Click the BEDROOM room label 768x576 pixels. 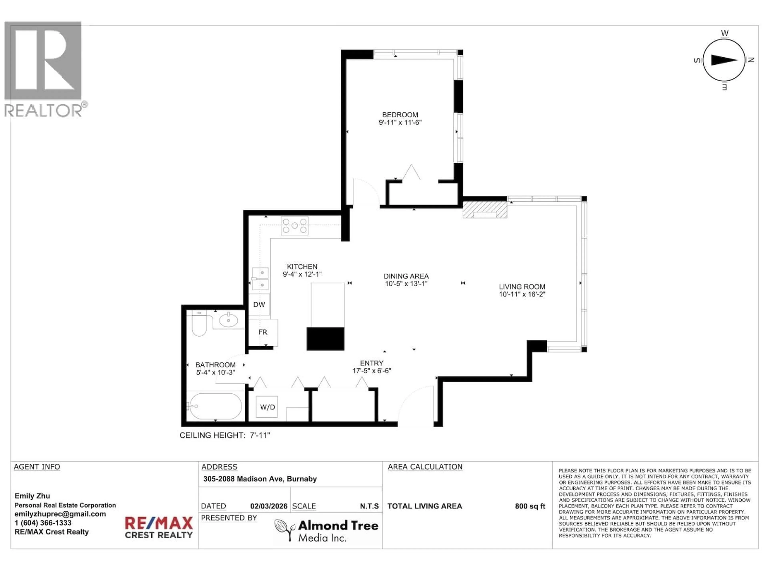(400, 115)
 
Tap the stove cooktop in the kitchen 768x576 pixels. (294, 226)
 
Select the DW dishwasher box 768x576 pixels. (259, 304)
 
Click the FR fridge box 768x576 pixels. (263, 332)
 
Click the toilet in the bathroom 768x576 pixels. (199, 325)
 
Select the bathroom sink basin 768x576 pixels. (228, 320)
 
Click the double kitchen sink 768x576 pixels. (260, 278)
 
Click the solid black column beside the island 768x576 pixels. (325, 339)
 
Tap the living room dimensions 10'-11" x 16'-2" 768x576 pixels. (522, 294)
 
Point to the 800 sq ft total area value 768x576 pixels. (530, 506)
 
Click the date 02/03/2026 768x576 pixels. (269, 506)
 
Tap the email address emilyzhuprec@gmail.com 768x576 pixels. (60, 514)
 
